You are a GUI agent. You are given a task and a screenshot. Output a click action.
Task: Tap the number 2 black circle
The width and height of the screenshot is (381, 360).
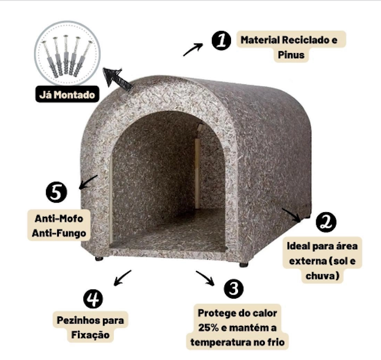pyautogui.click(x=326, y=222)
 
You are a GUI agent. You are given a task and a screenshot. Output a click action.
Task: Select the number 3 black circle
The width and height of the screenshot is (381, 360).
pyautogui.click(x=233, y=288)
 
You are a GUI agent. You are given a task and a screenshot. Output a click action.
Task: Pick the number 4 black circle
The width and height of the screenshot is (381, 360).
pyautogui.click(x=93, y=299)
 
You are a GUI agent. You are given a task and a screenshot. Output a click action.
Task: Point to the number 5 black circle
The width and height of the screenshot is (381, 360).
pyautogui.click(x=56, y=192)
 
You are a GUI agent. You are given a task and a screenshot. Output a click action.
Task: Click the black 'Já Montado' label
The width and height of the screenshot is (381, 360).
pyautogui.click(x=67, y=94)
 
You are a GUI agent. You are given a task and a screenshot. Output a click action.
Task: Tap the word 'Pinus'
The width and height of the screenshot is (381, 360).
pyautogui.click(x=291, y=55)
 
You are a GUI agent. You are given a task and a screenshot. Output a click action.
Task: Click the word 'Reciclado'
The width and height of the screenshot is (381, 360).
pyautogui.click(x=305, y=40)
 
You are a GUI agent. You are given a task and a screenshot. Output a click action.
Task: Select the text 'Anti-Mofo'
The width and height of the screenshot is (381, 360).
pyautogui.click(x=59, y=219)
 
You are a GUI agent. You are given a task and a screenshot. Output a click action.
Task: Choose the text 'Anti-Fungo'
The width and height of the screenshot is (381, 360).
pyautogui.click(x=59, y=233)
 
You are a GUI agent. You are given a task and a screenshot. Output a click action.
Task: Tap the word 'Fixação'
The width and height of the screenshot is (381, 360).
pyautogui.click(x=90, y=335)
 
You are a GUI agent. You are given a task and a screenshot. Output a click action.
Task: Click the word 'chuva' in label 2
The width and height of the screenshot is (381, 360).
pyautogui.click(x=320, y=276)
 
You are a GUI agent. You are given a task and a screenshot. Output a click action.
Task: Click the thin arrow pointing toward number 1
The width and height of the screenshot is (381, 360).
pyautogui.click(x=193, y=49)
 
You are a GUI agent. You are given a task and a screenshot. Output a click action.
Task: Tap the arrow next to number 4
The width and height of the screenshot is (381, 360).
pyautogui.click(x=123, y=278)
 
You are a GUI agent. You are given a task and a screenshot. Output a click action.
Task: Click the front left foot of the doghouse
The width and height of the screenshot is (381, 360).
pyautogui.click(x=99, y=258)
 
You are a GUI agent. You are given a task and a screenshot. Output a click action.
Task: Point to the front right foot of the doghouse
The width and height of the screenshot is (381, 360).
pyautogui.click(x=243, y=265)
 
